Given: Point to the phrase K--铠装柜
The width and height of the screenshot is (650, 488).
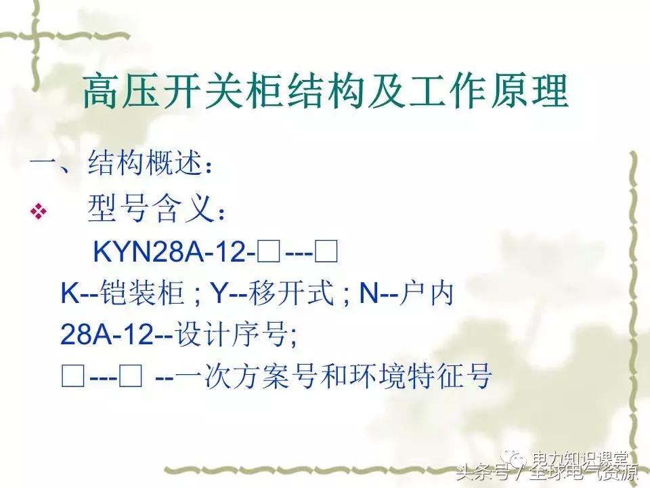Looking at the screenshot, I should click(x=123, y=295).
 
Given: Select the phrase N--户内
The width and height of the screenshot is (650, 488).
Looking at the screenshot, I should click(x=406, y=295).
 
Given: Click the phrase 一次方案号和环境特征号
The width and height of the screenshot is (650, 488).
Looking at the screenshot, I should click(x=332, y=377).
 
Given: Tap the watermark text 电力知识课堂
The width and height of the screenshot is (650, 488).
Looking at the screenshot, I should click(x=580, y=459).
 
